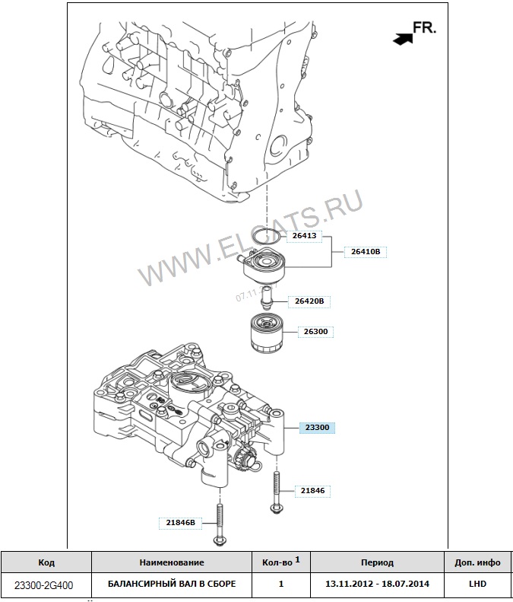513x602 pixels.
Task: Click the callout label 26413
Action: click(305, 236)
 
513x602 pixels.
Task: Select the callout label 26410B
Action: click(366, 250)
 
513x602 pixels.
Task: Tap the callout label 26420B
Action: click(309, 301)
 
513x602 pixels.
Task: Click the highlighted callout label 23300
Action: click(316, 428)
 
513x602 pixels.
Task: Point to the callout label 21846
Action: click(312, 491)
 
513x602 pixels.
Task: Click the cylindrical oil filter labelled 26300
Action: click(268, 336)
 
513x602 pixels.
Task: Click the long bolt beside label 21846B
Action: click(219, 525)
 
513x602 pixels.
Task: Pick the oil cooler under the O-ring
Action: click(264, 266)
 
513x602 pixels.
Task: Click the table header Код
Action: click(46, 562)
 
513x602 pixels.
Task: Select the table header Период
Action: click(377, 562)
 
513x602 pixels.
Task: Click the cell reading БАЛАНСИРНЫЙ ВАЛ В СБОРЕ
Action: click(171, 584)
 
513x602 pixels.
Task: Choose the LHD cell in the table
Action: click(477, 584)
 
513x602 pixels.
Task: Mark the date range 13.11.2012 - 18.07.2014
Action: click(377, 584)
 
